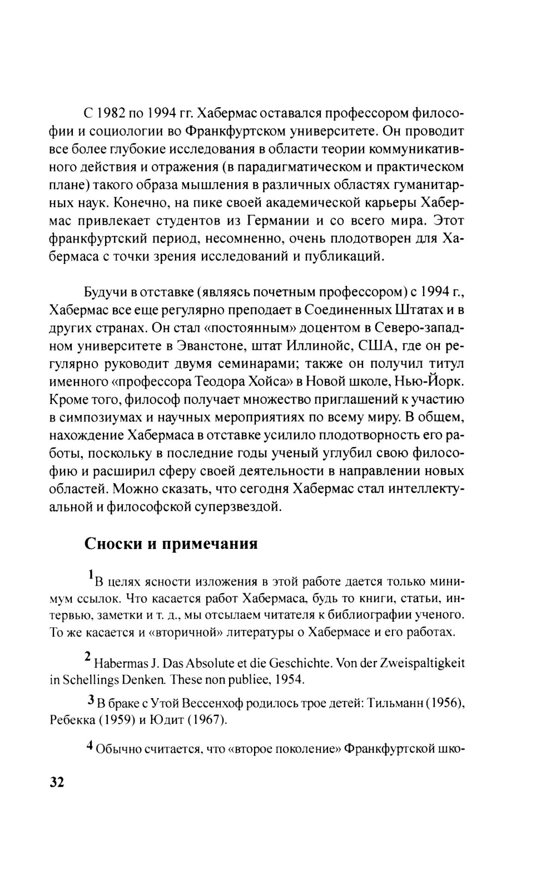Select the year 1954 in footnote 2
coord(292,679)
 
